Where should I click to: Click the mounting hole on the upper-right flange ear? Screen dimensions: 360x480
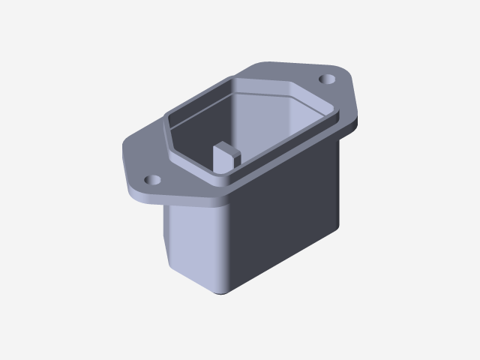[328, 79]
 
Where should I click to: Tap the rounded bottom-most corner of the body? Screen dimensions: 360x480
[223, 291]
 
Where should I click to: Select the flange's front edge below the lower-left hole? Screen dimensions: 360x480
[146, 199]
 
